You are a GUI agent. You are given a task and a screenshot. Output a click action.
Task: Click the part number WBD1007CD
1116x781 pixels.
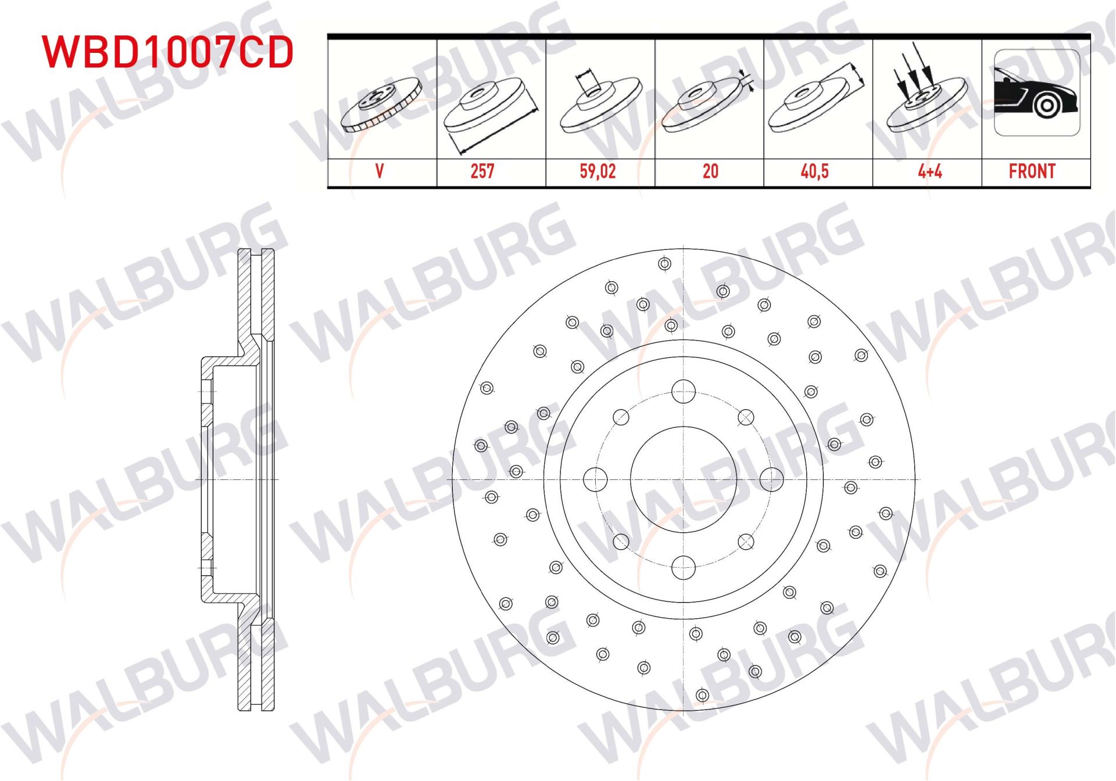(167, 52)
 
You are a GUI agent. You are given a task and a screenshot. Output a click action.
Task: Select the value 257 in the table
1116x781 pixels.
(482, 171)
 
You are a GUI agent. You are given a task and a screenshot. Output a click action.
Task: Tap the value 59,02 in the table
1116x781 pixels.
(598, 171)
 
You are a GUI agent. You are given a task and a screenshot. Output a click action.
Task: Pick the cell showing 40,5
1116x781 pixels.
(814, 171)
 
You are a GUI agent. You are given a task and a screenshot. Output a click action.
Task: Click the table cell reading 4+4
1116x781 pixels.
(929, 171)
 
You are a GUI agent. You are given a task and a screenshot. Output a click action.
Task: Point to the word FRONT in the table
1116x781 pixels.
(1032, 171)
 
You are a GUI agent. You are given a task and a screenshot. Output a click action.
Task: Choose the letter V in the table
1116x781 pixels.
(380, 171)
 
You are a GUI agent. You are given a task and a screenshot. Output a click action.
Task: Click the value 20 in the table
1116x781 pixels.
(710, 171)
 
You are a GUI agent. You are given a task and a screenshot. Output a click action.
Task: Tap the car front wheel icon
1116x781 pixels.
(1037, 93)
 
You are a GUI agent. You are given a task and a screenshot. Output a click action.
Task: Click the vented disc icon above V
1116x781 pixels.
(381, 105)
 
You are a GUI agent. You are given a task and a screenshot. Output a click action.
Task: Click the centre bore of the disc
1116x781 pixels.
(684, 479)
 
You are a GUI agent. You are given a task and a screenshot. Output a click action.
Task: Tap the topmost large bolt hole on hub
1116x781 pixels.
(684, 391)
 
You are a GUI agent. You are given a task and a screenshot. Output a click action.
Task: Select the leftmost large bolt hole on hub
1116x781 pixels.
(595, 479)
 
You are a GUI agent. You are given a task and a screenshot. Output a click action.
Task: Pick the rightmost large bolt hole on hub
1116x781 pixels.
(772, 479)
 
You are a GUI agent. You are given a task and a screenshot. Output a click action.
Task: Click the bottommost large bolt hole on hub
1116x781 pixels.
(684, 567)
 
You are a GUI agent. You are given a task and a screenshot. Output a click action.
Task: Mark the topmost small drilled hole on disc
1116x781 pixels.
(665, 264)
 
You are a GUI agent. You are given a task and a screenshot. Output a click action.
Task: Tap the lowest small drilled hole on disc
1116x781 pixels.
(702, 695)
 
